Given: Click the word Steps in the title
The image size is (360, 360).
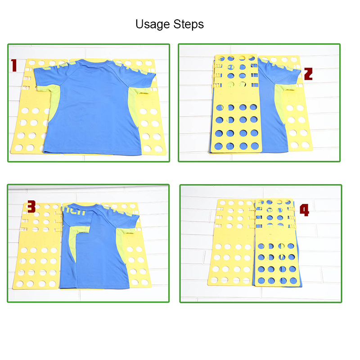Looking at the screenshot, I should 189,24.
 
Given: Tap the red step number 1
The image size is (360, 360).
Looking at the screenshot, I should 14,66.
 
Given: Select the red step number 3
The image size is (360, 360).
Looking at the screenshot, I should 31,207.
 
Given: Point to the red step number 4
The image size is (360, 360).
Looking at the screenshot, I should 305,210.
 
